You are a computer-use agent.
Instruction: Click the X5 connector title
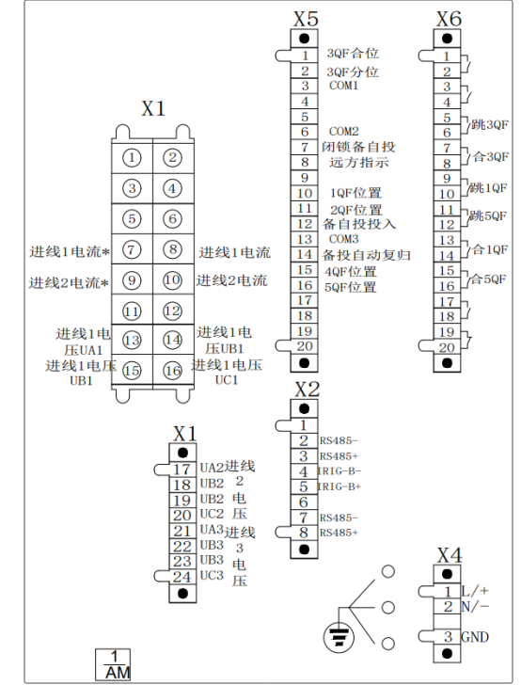[x=306, y=19]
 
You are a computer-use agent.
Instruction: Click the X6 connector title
[x=449, y=19]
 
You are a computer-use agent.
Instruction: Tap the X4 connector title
[x=450, y=555]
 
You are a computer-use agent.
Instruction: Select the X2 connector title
[x=307, y=390]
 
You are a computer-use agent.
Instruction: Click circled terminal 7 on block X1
[x=132, y=249]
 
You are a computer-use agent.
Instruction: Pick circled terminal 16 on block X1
[x=172, y=371]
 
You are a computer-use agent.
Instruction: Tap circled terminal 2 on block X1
[x=172, y=157]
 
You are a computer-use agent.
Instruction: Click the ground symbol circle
[x=339, y=638]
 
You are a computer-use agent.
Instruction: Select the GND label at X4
[x=475, y=637]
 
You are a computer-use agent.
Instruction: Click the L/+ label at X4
[x=475, y=591]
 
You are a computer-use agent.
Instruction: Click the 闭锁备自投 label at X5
[x=358, y=147]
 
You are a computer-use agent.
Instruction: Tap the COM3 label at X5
[x=343, y=239]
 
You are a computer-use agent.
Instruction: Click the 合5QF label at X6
[x=489, y=279]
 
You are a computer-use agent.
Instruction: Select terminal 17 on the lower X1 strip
[x=182, y=470]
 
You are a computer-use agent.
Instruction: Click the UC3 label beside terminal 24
[x=212, y=575]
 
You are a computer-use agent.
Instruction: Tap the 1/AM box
[x=113, y=664]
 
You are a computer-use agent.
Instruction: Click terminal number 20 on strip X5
[x=305, y=346]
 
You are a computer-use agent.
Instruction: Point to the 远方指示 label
[x=359, y=163]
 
